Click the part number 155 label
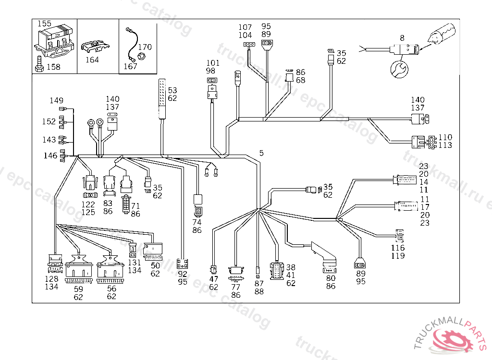(x=44, y=24)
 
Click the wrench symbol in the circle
(x=398, y=69)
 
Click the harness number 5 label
(x=261, y=153)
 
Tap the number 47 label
(x=214, y=279)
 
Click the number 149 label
(x=56, y=100)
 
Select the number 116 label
(x=398, y=248)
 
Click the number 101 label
(x=213, y=63)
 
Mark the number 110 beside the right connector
(x=445, y=137)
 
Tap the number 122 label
(x=88, y=204)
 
